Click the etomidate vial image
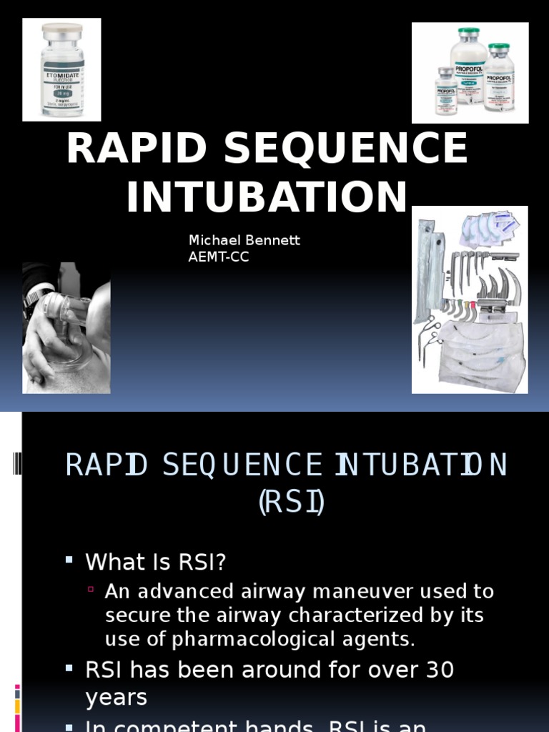62,70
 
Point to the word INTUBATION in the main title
267,197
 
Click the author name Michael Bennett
244,240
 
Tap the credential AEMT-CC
219,257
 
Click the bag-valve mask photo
66,327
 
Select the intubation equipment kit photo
470,300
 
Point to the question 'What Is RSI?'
156,563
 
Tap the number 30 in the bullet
438,670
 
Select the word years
116,698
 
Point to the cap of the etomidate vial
62,31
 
